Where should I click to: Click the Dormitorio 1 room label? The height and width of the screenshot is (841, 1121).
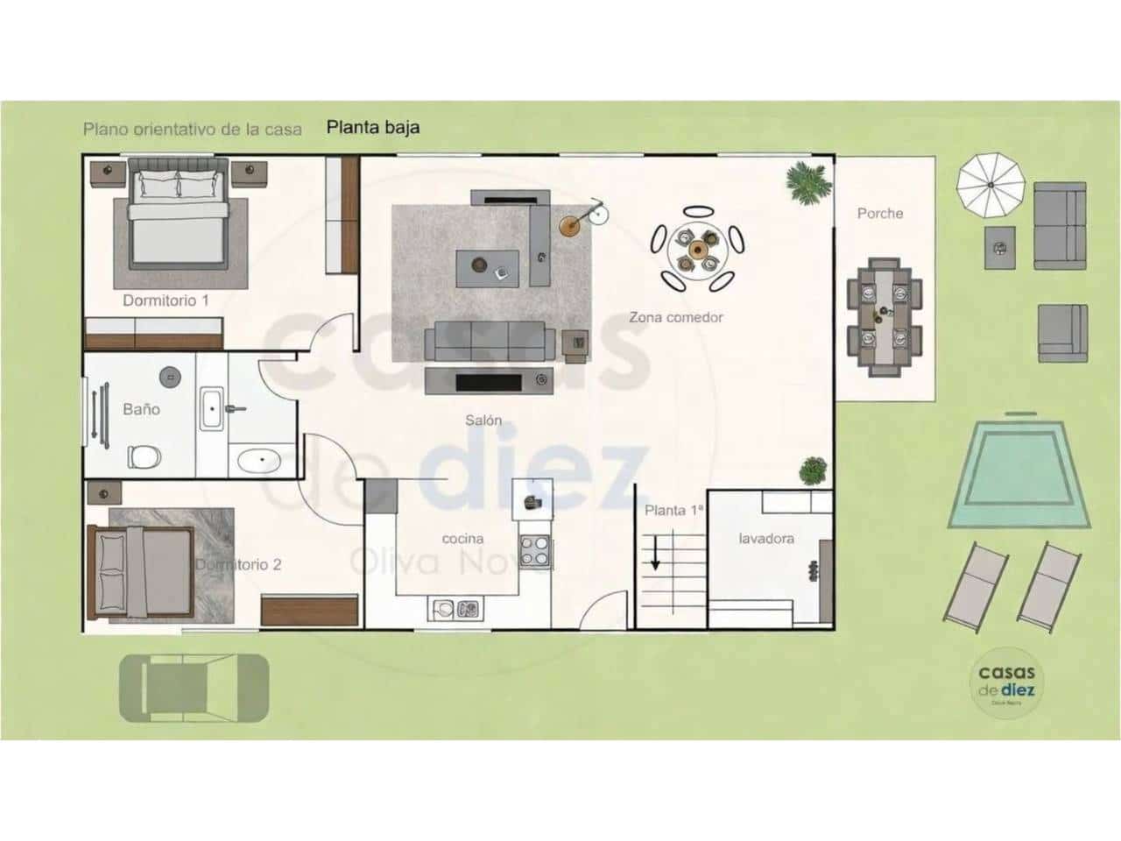coord(166,300)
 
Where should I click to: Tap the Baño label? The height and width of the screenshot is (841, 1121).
coord(141,409)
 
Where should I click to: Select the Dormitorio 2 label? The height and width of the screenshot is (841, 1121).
coord(238,565)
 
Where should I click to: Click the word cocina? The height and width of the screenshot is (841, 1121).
coord(462,539)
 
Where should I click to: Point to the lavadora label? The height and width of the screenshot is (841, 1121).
coord(766,539)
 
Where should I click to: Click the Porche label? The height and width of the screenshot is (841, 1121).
coord(879,213)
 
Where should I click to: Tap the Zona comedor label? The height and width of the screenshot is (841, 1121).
coord(676,317)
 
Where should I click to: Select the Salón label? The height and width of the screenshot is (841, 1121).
coord(483,420)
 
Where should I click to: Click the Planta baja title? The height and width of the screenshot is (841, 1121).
coord(373,127)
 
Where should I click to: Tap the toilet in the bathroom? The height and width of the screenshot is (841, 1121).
coord(144,456)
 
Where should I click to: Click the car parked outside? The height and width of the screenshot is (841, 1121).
coord(194,688)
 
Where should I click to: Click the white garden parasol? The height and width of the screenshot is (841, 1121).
coord(991,183)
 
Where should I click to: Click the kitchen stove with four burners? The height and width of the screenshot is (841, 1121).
coord(534,551)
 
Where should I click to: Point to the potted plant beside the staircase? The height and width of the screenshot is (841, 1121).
coord(814,470)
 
